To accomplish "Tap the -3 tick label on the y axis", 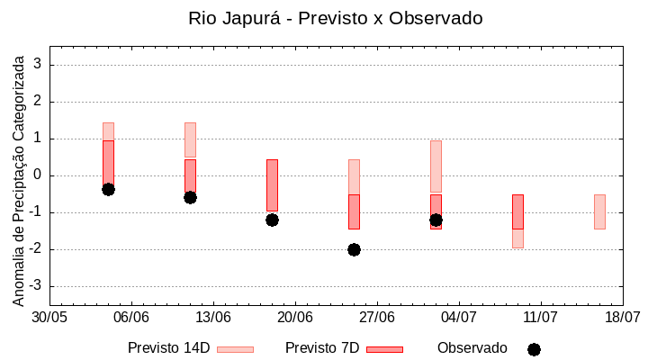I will point(37,286).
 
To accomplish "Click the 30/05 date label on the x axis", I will point(49,317).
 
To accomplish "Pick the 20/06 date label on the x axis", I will point(295,317).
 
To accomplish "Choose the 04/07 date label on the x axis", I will point(459,317).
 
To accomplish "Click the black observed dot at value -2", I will point(354,249).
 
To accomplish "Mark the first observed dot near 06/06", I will point(108,189).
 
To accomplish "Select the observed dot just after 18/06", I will point(272,220).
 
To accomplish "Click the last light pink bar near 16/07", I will point(599,211).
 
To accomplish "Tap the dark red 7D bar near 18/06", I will point(272,184).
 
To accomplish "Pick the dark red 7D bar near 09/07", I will point(517,211).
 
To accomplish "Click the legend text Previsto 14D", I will point(169,348).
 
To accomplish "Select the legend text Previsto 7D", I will point(322,348).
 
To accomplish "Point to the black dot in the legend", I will point(534,349).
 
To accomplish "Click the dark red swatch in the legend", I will point(384,349).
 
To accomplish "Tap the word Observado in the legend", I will point(472,348).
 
